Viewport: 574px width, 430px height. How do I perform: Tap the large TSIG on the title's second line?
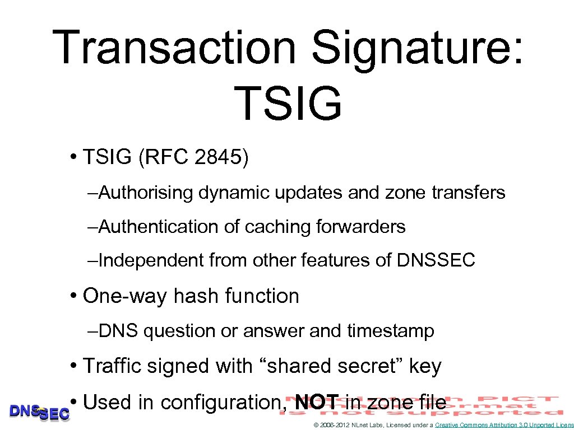pos(288,104)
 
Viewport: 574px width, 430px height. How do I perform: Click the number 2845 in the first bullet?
pos(216,157)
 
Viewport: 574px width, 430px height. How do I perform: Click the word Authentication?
pos(163,227)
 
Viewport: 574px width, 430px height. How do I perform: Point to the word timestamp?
pos(391,331)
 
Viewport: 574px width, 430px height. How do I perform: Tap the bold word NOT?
pos(317,402)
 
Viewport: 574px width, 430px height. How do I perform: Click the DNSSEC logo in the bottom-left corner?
pos(39,412)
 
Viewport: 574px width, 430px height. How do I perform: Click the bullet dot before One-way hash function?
pos(75,296)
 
